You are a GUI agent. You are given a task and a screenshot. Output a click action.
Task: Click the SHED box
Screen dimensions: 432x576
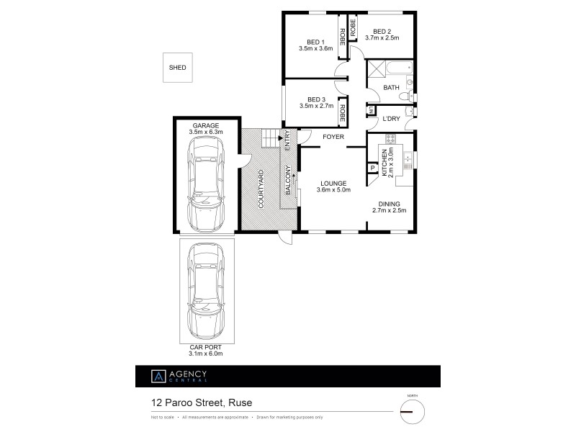[177, 68]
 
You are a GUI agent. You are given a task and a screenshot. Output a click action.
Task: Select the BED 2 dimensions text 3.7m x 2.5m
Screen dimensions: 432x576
[382, 37]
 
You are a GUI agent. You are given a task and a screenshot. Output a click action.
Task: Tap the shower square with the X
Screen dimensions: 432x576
[377, 70]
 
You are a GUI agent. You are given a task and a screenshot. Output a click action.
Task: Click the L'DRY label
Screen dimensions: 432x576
[391, 118]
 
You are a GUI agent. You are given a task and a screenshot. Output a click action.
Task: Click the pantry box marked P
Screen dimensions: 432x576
[373, 168]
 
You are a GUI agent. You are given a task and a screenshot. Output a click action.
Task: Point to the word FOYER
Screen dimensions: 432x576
[333, 136]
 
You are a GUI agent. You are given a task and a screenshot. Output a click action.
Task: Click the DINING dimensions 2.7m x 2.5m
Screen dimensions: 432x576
[390, 211]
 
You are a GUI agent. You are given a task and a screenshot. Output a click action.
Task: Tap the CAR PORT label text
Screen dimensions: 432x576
[206, 346]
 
